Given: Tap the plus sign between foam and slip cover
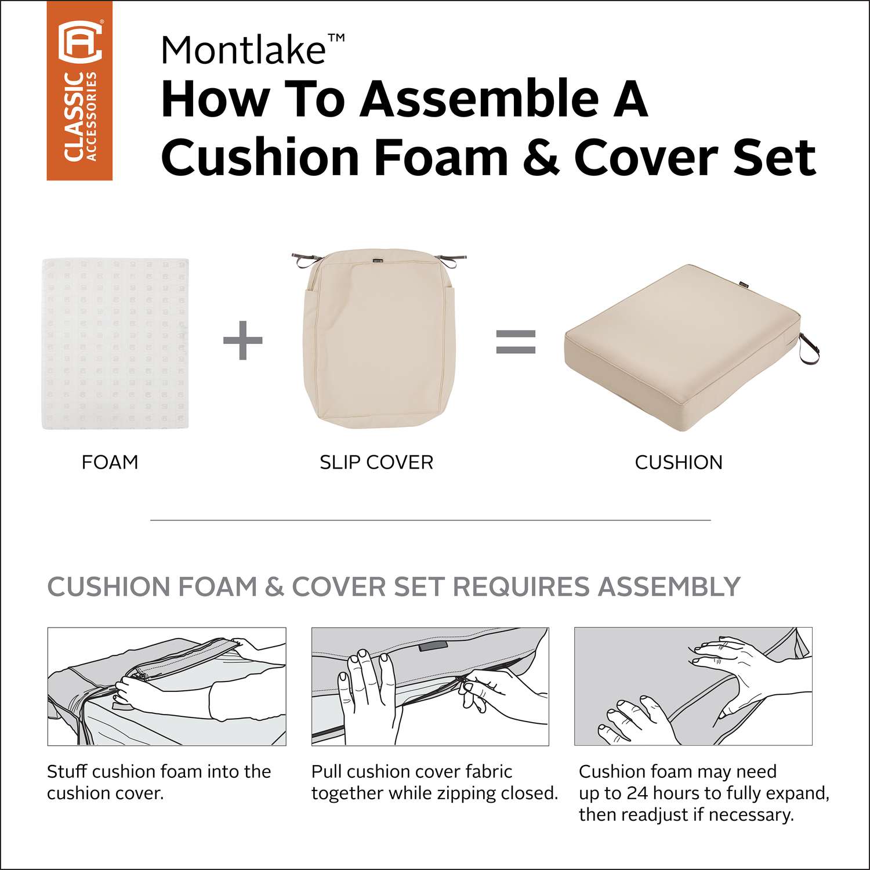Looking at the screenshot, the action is tap(243, 340).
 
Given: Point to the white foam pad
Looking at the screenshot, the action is tap(115, 344).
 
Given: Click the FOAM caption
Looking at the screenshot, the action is tap(110, 462).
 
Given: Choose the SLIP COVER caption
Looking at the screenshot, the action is tap(376, 462).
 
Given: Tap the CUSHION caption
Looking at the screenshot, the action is tap(679, 462).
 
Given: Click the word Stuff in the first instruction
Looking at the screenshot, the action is tap(67, 771).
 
